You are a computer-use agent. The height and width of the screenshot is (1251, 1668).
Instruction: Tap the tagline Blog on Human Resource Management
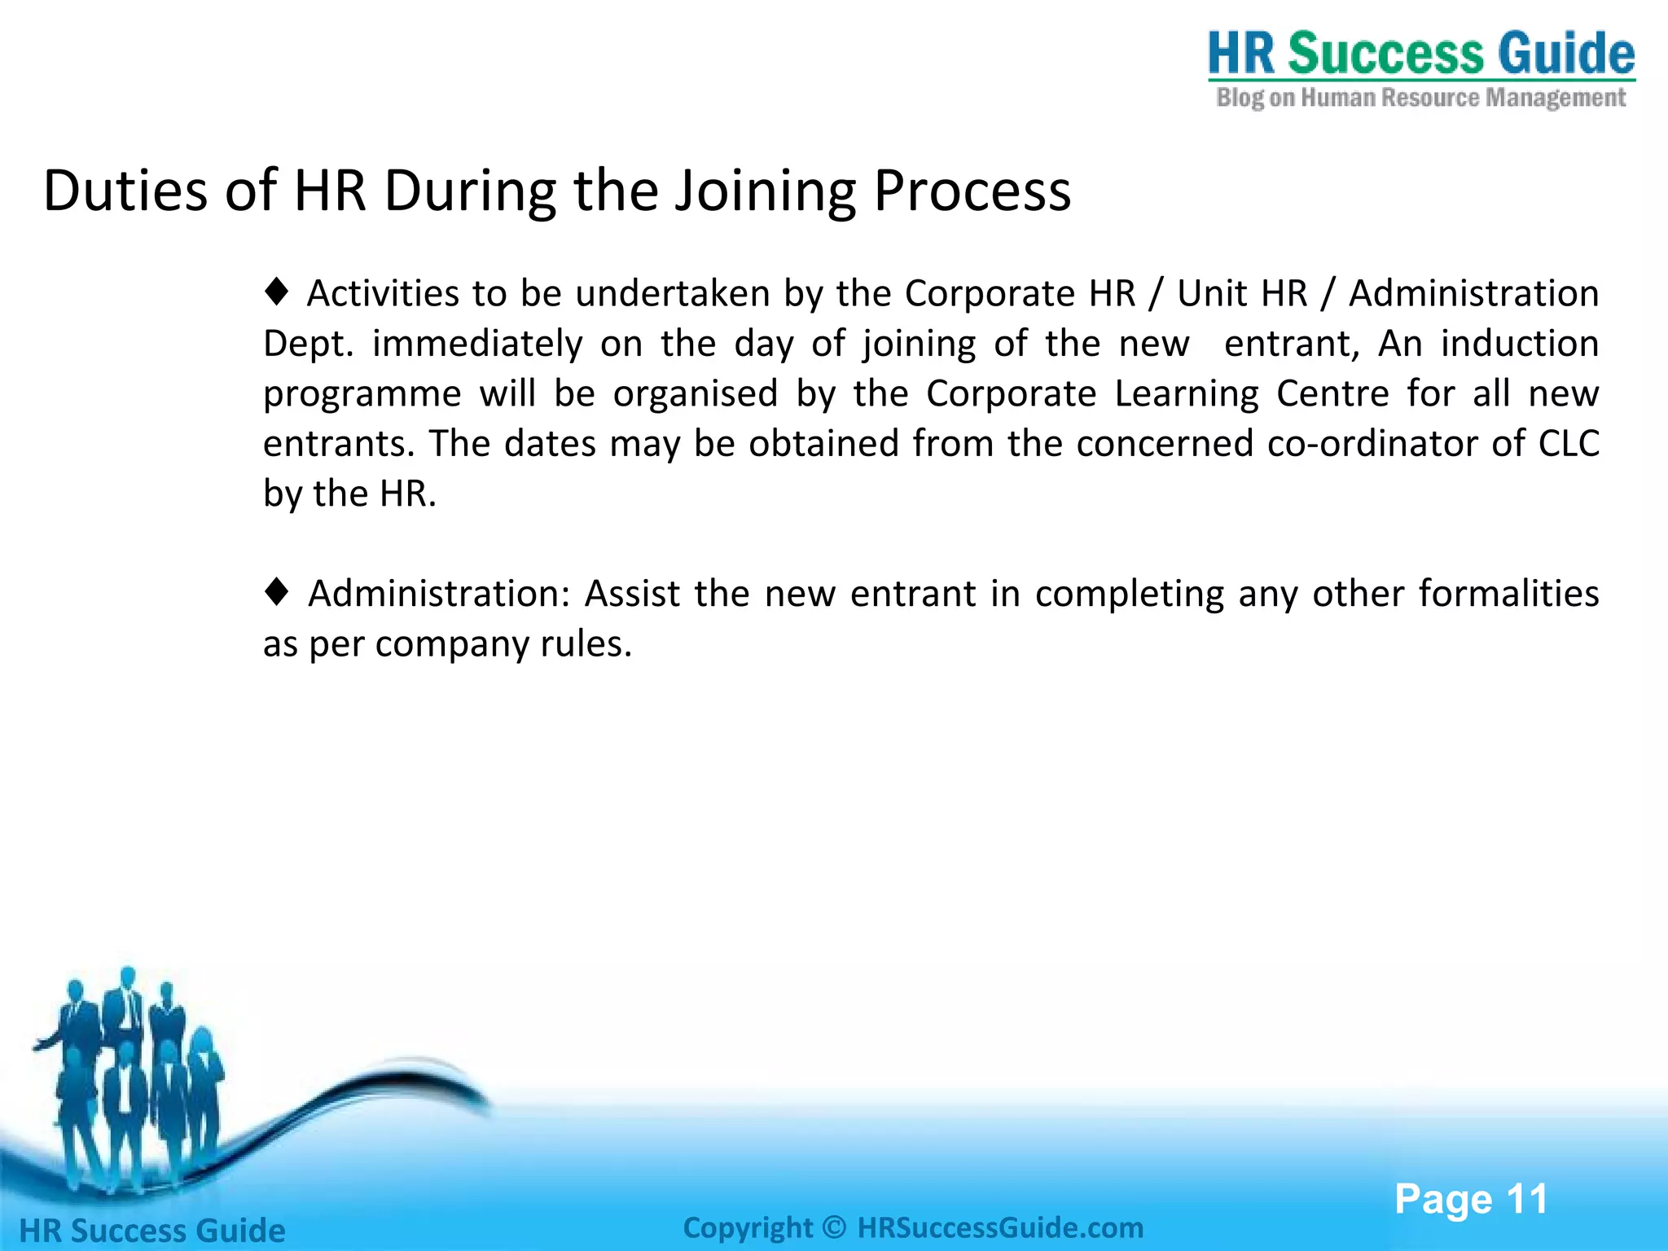[1420, 99]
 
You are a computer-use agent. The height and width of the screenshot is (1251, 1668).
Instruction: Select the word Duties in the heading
[125, 191]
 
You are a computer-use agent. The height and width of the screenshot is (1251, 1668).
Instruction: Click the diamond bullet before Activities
[277, 292]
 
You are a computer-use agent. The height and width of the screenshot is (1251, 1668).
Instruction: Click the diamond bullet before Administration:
[277, 592]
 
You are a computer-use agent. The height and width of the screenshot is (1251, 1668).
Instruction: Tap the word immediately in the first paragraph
[477, 344]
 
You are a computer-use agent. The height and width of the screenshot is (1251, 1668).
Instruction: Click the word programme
[362, 395]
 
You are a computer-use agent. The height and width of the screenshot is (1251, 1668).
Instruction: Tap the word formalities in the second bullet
[1508, 594]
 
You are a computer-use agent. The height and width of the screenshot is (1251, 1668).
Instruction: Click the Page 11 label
[1470, 1199]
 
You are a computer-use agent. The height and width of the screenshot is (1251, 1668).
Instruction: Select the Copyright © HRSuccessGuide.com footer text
[912, 1227]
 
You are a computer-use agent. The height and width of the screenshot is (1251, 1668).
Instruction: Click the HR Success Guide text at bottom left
[152, 1230]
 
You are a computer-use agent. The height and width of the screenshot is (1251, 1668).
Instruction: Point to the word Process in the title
[972, 191]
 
